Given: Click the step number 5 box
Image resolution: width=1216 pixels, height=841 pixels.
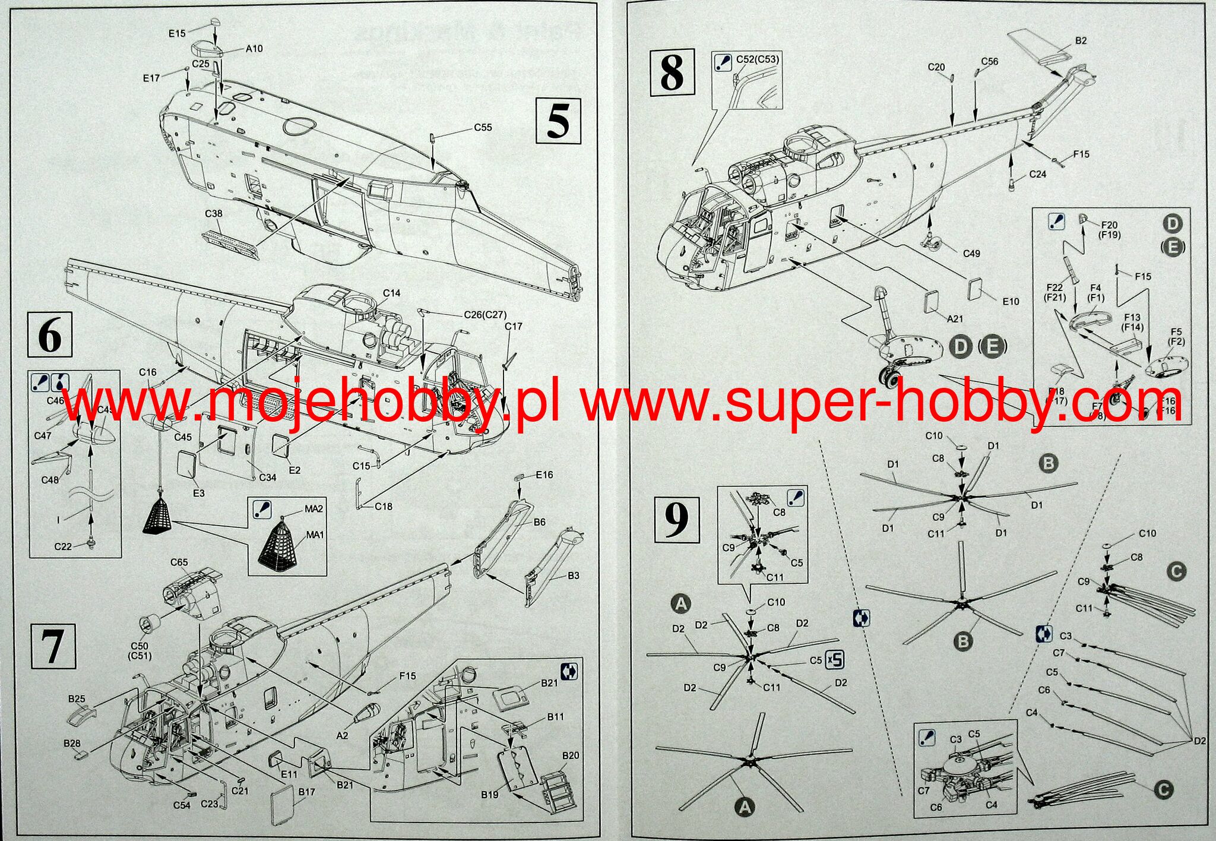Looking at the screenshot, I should pos(558,121).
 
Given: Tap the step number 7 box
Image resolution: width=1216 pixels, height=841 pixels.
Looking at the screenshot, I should pos(53,646).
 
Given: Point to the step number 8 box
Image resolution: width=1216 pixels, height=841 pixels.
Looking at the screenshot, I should pos(672,73).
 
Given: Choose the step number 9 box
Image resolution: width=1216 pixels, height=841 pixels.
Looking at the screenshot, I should pos(677,520).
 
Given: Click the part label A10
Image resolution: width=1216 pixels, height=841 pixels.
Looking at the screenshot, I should pos(254,49).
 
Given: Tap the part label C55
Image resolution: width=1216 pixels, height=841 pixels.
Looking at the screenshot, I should pos(483,128).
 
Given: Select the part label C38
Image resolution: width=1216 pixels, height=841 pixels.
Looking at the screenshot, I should pos(214,214).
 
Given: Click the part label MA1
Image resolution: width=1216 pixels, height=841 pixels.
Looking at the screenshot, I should pos(315,535).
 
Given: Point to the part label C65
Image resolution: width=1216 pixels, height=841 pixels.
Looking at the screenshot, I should pos(179,562).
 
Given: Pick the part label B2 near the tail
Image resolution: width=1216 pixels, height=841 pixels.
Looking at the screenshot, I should pos(1081,40).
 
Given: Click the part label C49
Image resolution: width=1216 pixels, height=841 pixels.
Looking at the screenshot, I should pos(971,254).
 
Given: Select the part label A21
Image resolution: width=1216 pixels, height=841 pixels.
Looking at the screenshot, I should pos(955,319).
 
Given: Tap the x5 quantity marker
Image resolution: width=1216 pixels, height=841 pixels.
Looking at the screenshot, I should pos(835,660).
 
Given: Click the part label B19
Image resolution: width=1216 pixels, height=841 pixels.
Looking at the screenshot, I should pos(490,795).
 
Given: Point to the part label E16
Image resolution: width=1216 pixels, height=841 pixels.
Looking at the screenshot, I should pos(544,475).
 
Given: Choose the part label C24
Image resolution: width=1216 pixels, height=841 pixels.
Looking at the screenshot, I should pos(1037,174).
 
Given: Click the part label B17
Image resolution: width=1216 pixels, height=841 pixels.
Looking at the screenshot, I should pos(307,792).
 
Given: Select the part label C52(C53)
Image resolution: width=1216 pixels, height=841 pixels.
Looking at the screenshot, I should pos(757,59).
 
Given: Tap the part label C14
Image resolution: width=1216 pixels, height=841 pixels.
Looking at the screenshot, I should pos(391,293).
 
